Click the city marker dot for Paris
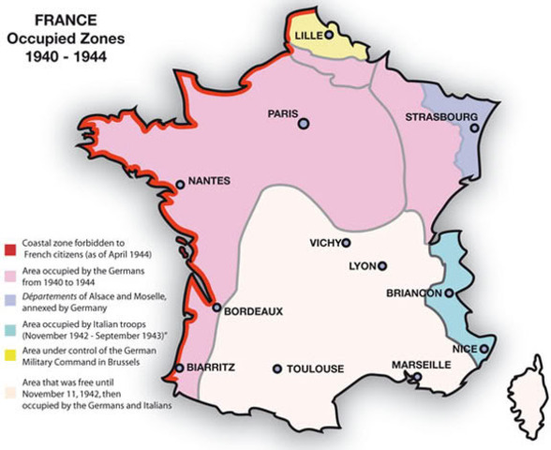click(x=304, y=123)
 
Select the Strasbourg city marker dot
click(x=475, y=128)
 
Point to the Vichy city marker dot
click(x=346, y=243)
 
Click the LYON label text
click(x=361, y=266)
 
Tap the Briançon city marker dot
click(x=449, y=293)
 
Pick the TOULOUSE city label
click(x=314, y=368)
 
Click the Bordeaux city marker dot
click(x=217, y=307)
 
